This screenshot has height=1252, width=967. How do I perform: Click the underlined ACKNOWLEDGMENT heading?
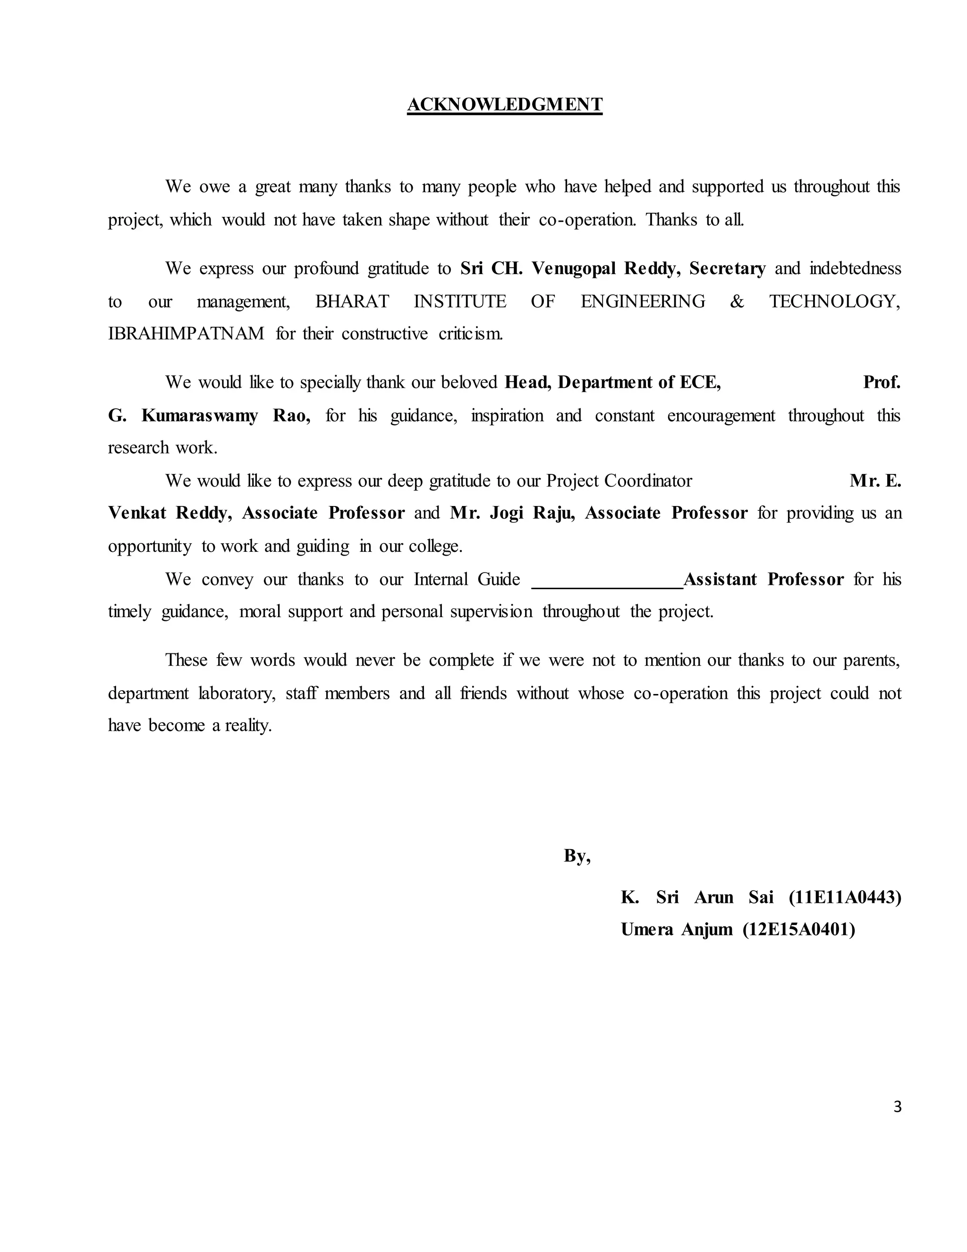504,104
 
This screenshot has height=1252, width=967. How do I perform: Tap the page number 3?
897,1107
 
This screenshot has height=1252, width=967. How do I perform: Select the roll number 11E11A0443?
844,897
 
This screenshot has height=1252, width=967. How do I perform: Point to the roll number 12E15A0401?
798,929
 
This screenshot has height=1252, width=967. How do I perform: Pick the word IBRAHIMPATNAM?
186,334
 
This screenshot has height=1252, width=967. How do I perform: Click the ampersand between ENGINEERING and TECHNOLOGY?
737,301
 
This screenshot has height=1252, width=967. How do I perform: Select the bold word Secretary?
727,269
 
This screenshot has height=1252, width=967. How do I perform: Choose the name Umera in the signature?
647,929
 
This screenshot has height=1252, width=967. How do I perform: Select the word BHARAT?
352,301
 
